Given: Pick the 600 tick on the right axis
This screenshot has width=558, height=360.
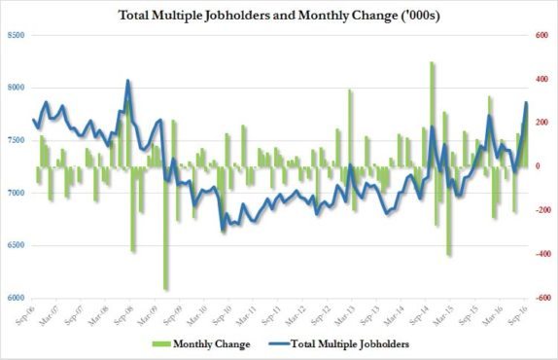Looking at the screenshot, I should pos(533,36).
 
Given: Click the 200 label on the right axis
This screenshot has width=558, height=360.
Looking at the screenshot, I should pos(533,124).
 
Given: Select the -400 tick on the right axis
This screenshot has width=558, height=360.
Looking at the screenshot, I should pos(533,255).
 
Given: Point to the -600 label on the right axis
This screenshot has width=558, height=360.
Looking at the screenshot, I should pos(533,299).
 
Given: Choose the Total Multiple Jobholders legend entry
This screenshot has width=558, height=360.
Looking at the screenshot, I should pos(350,343).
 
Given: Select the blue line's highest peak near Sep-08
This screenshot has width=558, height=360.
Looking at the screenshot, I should pos(128,82).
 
